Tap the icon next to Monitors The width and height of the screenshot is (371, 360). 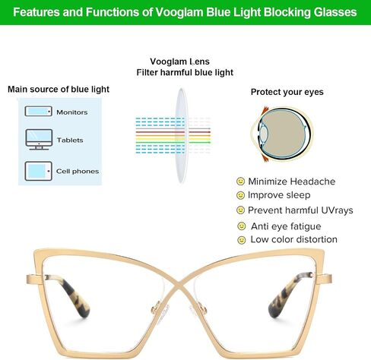(39, 111)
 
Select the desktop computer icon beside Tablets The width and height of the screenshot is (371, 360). (39, 139)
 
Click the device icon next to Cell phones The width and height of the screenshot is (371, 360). (39, 171)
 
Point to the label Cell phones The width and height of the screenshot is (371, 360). (78, 172)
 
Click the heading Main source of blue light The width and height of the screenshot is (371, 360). (59, 90)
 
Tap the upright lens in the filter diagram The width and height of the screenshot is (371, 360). (181, 135)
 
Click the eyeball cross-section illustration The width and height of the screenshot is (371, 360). (282, 134)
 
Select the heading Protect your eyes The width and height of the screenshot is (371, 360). (287, 92)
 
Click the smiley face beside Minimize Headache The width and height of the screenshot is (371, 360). (240, 182)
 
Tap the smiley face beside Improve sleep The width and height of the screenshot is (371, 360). (240, 195)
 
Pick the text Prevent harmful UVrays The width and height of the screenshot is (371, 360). (300, 210)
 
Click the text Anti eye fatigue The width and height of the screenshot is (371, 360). (286, 226)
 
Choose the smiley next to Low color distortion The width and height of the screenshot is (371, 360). (242, 240)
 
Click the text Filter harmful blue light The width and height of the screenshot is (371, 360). (185, 73)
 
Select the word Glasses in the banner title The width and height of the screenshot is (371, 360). (335, 12)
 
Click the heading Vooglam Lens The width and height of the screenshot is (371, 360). (179, 62)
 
